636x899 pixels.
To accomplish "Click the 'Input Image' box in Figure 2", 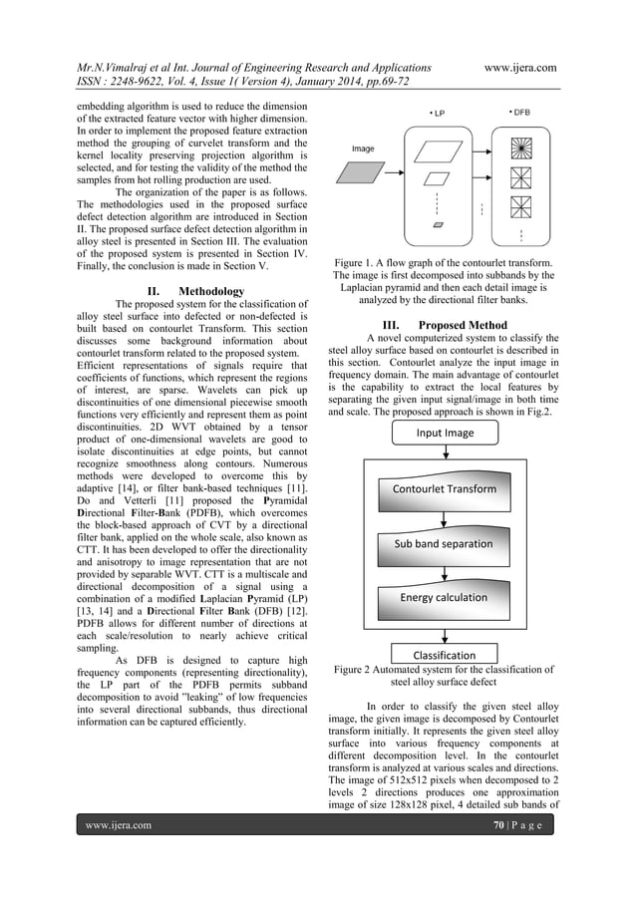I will [x=445, y=434].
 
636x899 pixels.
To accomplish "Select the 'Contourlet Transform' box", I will [x=444, y=488].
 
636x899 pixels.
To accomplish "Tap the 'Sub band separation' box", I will [x=444, y=543].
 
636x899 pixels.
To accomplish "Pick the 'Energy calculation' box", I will [x=444, y=597].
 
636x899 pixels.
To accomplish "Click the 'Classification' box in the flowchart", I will [x=444, y=655].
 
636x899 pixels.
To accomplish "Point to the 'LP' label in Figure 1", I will [x=437, y=113].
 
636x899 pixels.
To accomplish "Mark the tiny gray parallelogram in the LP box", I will [x=438, y=226].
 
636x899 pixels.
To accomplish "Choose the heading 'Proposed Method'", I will [x=459, y=325].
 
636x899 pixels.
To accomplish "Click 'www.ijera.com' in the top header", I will [x=519, y=68].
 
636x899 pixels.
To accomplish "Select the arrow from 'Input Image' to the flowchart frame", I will [x=444, y=451].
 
